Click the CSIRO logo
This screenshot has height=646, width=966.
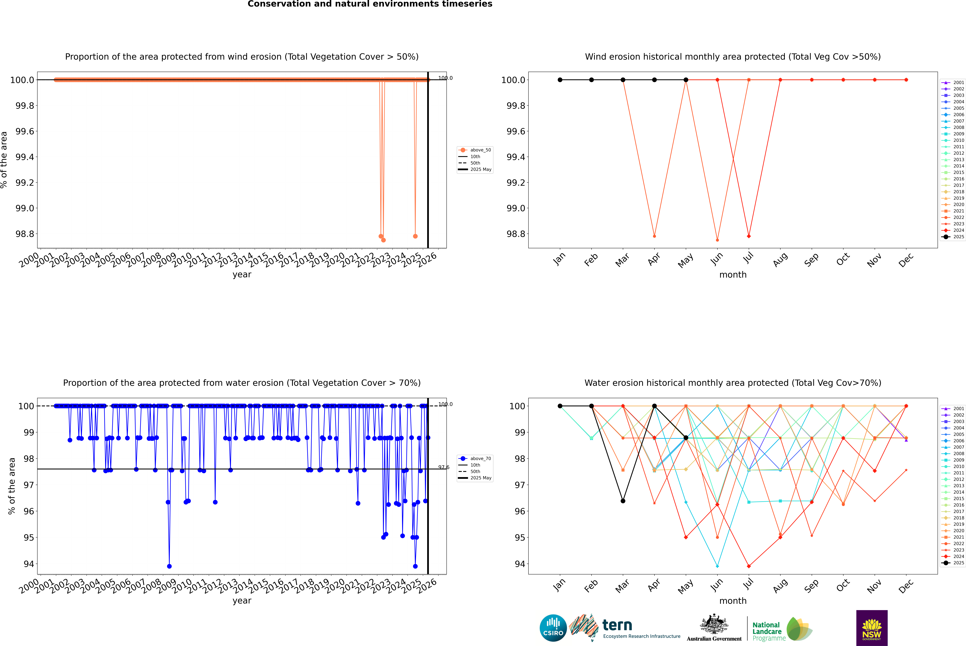tap(553, 628)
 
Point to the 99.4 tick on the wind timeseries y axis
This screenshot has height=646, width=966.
tap(25, 157)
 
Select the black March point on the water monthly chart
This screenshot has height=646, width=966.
tap(623, 501)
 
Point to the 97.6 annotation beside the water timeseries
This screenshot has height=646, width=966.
tap(444, 467)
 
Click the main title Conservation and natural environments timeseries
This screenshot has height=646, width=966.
tap(370, 4)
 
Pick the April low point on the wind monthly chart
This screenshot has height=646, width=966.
tap(654, 236)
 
